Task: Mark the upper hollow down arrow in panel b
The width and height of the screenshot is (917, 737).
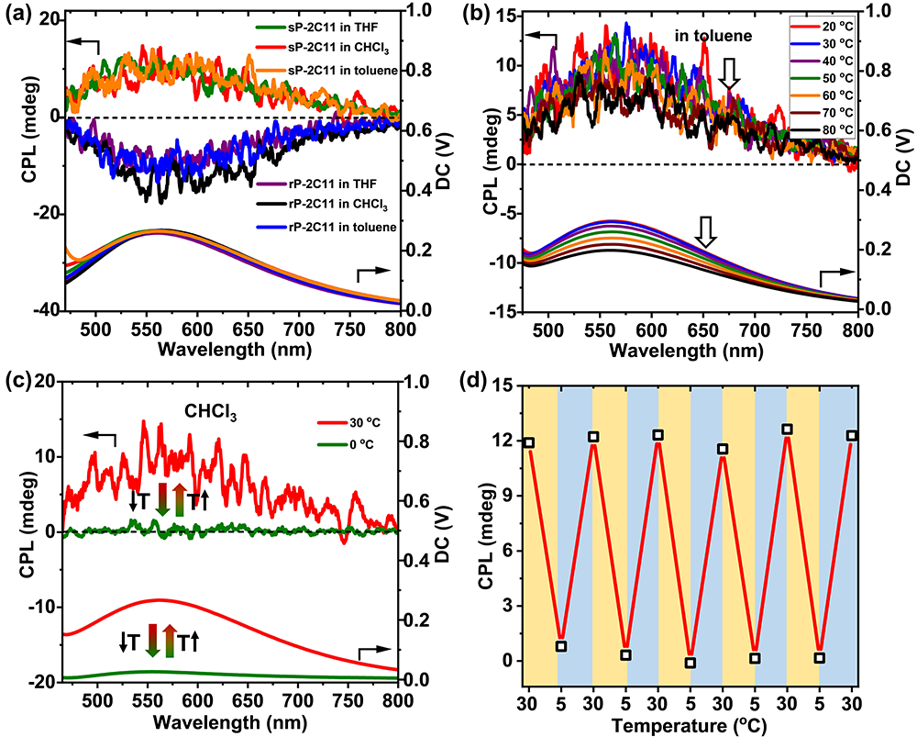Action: [729, 73]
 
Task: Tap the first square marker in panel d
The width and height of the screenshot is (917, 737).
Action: [528, 442]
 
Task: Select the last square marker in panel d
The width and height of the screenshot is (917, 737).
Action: [852, 436]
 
